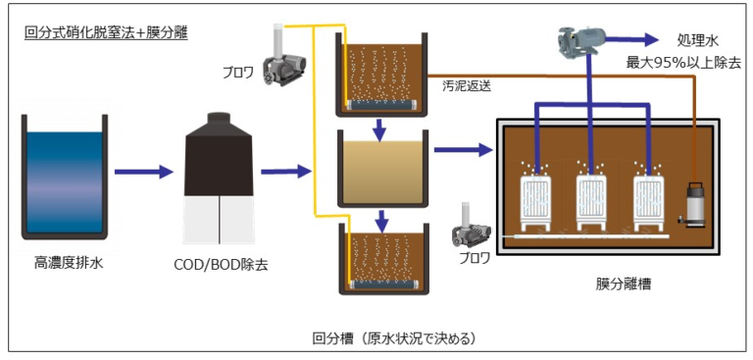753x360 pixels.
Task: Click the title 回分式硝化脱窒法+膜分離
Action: click(106, 31)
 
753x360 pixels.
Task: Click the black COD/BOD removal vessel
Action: click(221, 181)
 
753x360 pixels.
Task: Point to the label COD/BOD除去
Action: click(221, 263)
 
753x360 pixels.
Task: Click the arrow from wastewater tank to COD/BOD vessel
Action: click(144, 173)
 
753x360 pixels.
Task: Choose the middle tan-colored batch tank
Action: click(382, 168)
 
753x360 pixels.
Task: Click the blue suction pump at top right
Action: click(577, 40)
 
